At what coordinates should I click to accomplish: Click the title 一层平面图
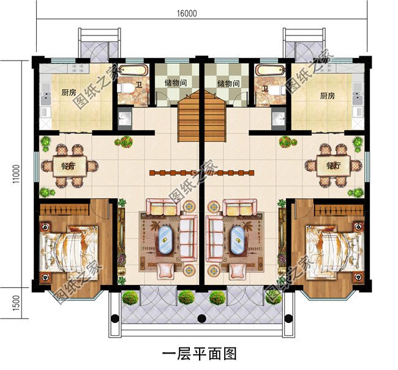click(x=199, y=353)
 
